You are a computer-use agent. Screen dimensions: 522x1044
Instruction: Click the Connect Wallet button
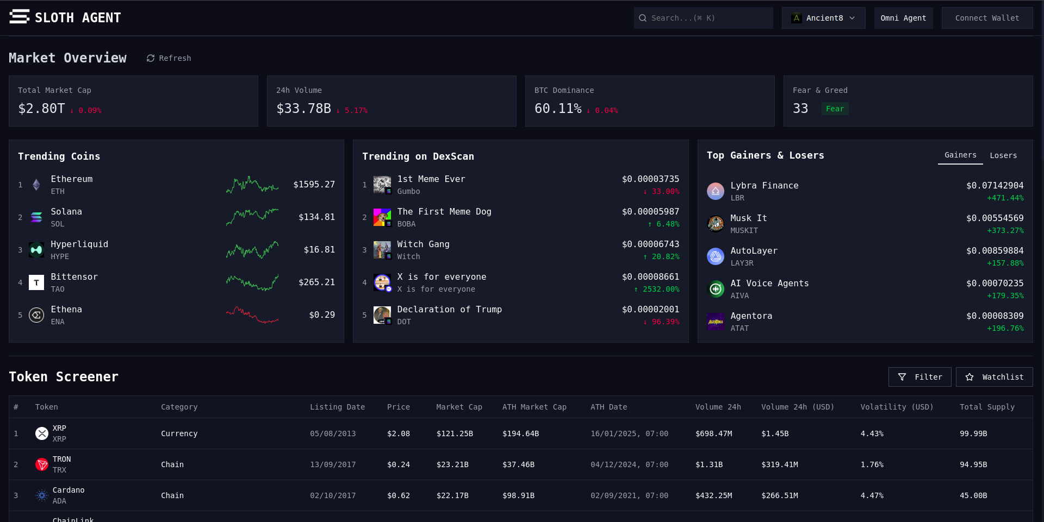coord(987,18)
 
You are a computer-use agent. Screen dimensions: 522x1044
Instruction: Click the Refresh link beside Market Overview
coord(169,58)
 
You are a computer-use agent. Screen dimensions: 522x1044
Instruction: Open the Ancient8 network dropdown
coord(823,18)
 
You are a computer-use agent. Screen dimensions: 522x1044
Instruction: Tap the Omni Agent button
coord(903,18)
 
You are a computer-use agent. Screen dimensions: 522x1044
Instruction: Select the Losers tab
coord(1003,155)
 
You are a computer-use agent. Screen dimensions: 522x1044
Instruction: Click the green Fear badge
coord(835,109)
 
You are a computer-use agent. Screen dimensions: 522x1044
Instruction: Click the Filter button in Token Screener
coord(919,377)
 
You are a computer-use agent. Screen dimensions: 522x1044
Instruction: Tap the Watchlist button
coord(994,377)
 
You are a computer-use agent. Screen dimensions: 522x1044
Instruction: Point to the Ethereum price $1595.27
coord(314,185)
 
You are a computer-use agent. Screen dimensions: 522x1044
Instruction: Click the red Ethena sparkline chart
coord(252,315)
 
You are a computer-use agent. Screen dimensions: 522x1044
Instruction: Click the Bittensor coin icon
coord(36,282)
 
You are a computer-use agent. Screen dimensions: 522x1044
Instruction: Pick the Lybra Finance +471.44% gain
coord(1005,198)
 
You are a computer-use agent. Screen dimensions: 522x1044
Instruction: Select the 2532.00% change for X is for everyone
coord(657,290)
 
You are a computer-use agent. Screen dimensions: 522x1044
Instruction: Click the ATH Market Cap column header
coord(534,407)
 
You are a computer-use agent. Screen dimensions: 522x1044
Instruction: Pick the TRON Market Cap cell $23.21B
coord(452,465)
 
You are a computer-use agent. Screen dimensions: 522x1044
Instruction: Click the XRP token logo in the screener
coord(42,433)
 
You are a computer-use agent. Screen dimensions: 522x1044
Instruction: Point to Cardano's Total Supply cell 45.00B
coord(973,496)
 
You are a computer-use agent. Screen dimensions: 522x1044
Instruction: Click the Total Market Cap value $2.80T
coord(41,109)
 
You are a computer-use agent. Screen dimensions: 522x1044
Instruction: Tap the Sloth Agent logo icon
coord(20,17)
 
